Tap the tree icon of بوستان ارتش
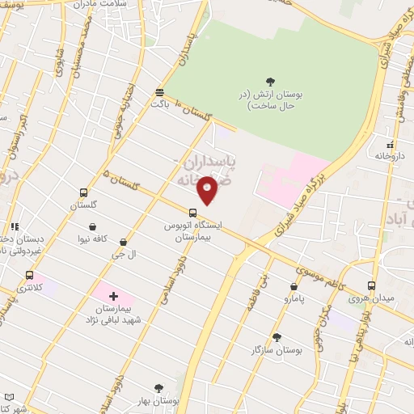click(x=270, y=81)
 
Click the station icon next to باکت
click(x=159, y=92)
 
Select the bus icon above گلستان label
click(x=84, y=193)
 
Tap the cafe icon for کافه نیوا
click(x=96, y=227)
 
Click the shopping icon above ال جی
click(x=123, y=242)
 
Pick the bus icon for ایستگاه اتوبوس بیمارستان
click(x=192, y=212)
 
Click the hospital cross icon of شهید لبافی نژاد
click(x=113, y=297)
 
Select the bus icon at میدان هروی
click(x=371, y=285)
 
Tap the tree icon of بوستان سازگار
click(x=277, y=336)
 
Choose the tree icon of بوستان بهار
click(x=158, y=389)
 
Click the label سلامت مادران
click(x=113, y=7)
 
